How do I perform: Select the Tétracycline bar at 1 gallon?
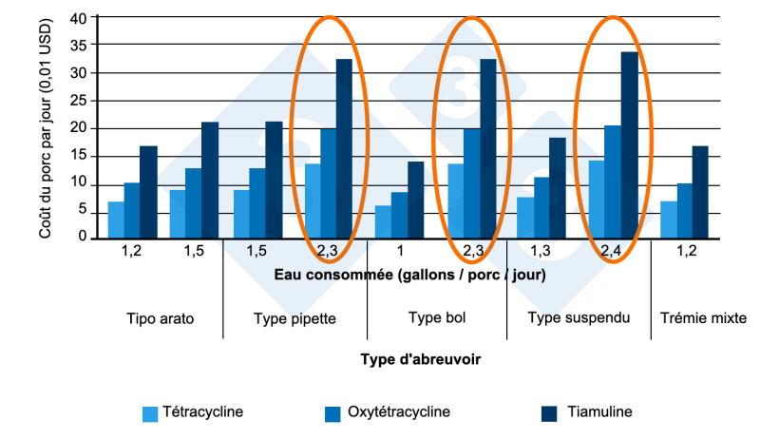(383, 221)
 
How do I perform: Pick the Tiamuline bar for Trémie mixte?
(699, 191)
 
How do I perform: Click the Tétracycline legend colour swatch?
(150, 413)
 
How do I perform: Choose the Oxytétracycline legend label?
(400, 412)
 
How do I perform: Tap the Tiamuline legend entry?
(598, 412)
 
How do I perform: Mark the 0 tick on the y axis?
(82, 237)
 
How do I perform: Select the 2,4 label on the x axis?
(612, 251)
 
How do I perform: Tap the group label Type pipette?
(294, 318)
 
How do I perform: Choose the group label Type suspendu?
(579, 317)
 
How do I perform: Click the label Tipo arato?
(160, 318)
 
